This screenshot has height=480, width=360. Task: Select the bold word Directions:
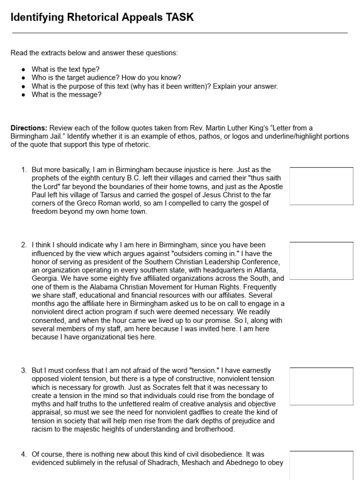pos(29,128)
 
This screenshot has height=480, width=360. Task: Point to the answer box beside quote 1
pos(321,186)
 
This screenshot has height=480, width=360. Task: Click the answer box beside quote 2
pos(321,261)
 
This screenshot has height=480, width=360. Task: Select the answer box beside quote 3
pos(321,386)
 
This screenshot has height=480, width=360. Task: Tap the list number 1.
pos(23,170)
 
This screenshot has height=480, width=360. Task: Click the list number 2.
pos(23,245)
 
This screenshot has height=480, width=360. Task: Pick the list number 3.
pos(23,371)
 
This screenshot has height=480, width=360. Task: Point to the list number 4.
pos(23,455)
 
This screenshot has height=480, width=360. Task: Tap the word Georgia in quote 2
pos(45,278)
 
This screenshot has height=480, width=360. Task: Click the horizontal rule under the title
pos(180,33)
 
